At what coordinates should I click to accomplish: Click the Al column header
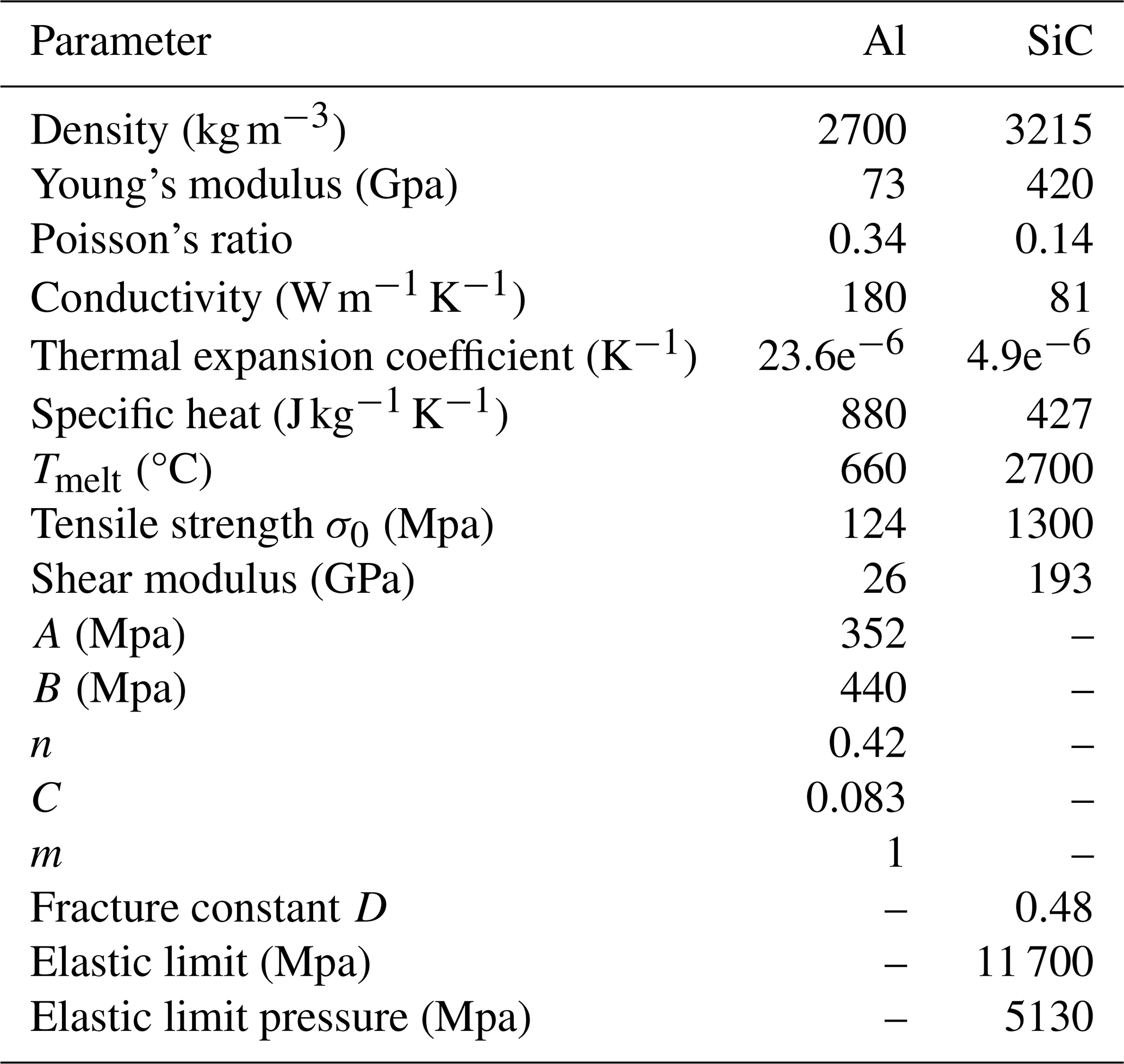884,42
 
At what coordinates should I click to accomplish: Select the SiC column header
1059,42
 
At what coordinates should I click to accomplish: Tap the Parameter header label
120,42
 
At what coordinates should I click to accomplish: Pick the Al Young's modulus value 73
884,185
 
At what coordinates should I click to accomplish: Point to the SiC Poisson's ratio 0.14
1054,239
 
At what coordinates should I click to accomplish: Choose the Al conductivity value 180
873,297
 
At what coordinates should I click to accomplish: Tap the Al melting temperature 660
873,469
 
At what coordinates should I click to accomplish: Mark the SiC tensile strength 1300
1049,524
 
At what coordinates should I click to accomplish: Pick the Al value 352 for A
873,634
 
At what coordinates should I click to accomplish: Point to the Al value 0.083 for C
855,798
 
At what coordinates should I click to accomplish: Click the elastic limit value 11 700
1034,962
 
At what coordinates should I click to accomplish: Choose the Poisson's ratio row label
162,239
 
